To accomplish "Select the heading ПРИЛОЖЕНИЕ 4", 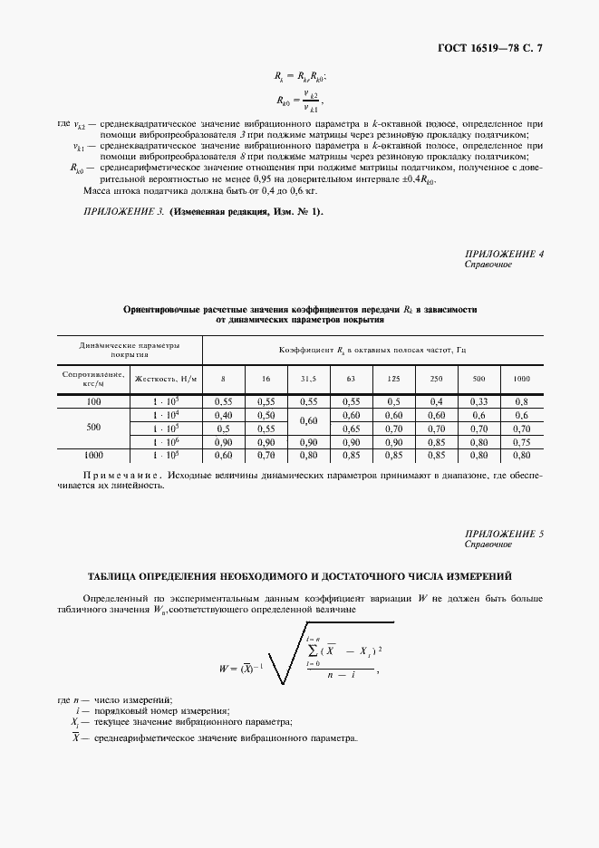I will pos(504,254).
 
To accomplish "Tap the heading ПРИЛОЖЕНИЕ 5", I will pos(504,535).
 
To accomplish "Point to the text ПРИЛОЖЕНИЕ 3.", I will pos(123,211).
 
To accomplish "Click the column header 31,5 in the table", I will pos(308,377).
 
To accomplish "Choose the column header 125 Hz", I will pos(393,377).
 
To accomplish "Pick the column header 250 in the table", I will pos(436,377).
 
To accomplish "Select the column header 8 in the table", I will pos(222,377).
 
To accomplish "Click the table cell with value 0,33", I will pos(478,400).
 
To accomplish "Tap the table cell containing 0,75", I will pos(522,441).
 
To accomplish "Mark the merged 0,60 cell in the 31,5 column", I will pos(308,420).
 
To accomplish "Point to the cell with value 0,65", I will pos(351,428).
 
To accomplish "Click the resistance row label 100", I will pos(93,400).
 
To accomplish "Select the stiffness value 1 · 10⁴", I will pos(165,414).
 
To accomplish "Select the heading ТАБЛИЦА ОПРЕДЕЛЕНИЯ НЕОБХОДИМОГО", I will pos(299,575).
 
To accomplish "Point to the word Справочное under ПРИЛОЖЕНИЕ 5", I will pos(488,544).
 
